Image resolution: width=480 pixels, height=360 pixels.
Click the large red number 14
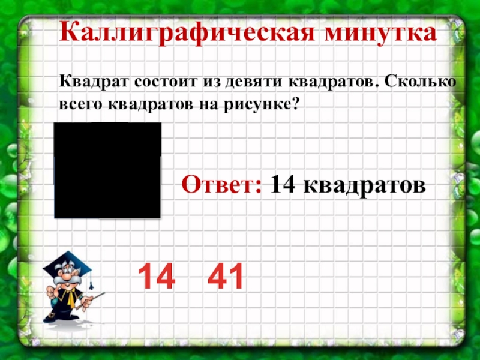click(x=157, y=277)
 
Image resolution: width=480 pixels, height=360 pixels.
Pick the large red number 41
click(x=226, y=277)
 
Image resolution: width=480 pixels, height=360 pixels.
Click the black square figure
click(x=107, y=170)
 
